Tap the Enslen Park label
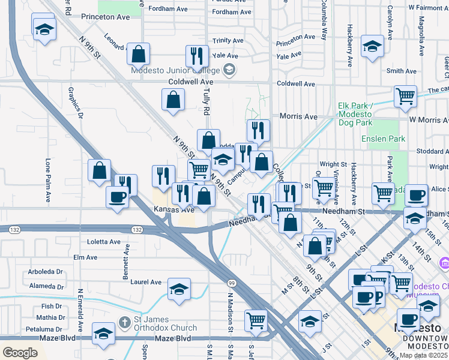coord(383,139)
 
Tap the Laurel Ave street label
coord(146,281)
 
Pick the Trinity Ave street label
coord(228,41)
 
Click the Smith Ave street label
coord(402,71)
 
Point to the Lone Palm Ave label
coord(48,180)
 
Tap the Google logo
coord(20,352)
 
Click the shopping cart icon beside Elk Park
coord(406,95)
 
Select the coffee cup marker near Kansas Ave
coord(117,196)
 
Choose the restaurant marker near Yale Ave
coord(196,56)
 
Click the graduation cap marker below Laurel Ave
coord(179,290)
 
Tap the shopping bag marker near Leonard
coord(139,53)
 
